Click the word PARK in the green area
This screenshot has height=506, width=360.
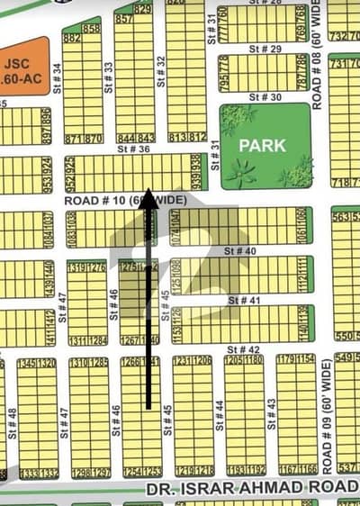(263, 143)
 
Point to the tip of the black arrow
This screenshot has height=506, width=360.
(149, 194)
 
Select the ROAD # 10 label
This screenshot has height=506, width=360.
(94, 200)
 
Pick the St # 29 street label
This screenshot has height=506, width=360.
(261, 45)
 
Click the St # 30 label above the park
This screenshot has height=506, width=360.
(261, 96)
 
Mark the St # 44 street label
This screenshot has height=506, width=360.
(220, 413)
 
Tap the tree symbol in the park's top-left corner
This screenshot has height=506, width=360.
(237, 118)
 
